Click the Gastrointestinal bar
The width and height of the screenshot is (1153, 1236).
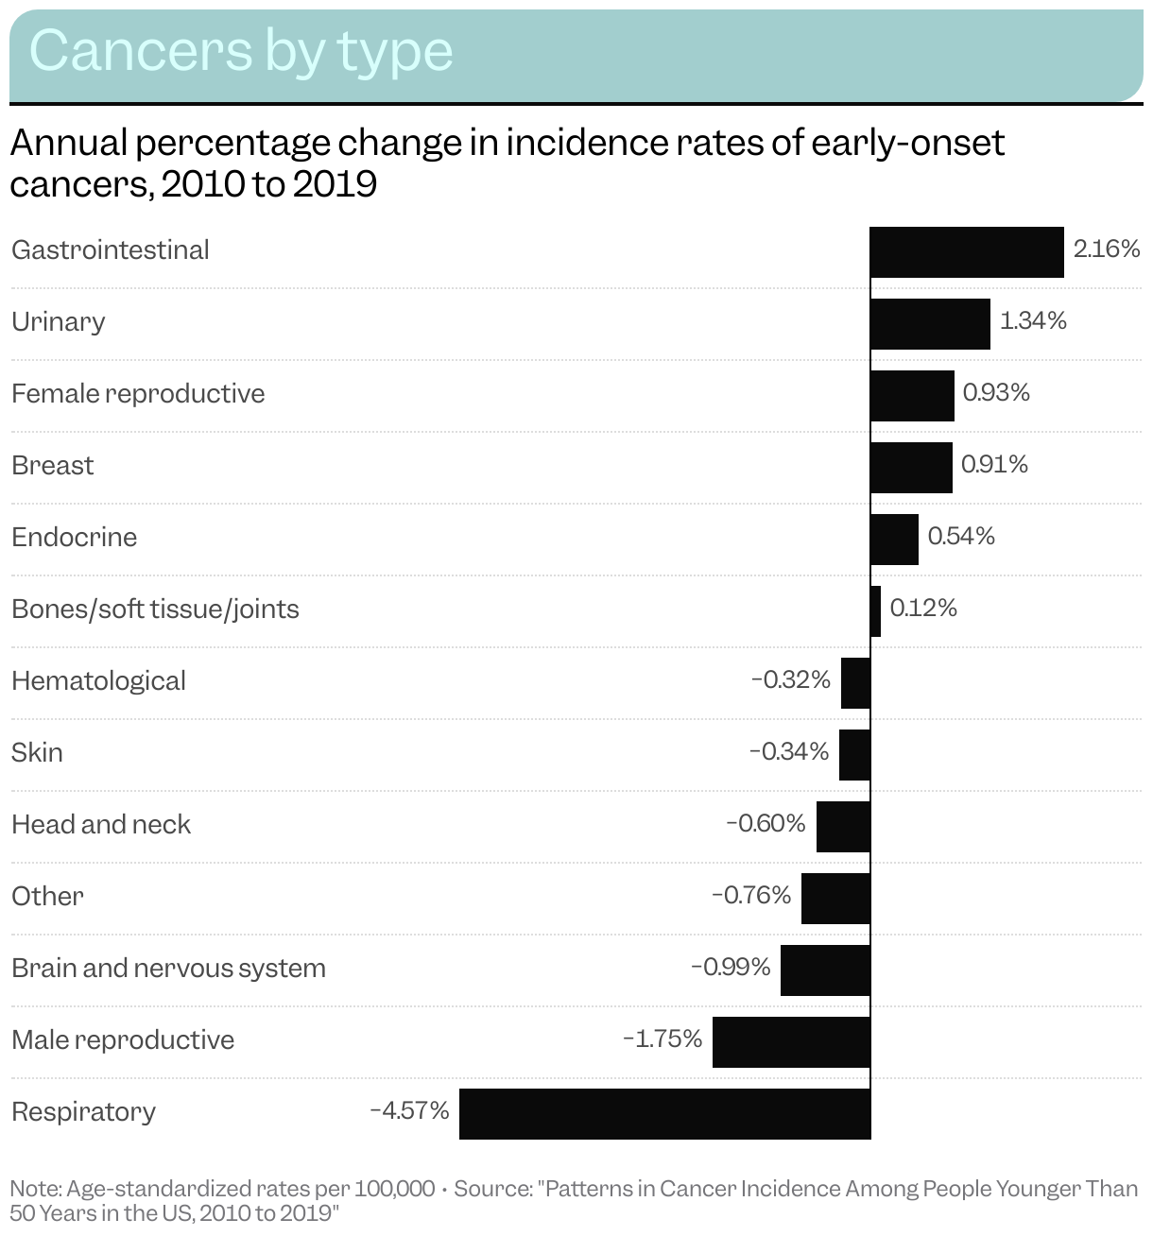click(967, 252)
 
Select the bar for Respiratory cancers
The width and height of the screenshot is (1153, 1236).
click(664, 1114)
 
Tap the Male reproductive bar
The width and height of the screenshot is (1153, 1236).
click(791, 1042)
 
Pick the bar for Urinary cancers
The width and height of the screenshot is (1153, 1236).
click(930, 324)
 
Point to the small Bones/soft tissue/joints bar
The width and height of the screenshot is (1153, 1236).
click(875, 611)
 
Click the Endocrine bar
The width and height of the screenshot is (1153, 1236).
click(894, 540)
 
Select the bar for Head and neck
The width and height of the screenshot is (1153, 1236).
click(843, 827)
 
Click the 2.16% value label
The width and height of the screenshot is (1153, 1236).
click(1106, 249)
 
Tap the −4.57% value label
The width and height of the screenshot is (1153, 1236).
click(409, 1110)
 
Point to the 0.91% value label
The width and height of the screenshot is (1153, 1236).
click(994, 464)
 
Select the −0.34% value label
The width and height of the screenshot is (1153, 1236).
click(789, 751)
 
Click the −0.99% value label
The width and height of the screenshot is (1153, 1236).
click(731, 967)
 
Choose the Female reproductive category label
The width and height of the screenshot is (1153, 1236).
click(138, 394)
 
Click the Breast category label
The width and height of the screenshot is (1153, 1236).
click(53, 466)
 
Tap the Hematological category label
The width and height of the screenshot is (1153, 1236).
click(98, 681)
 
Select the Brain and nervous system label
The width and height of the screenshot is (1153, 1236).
click(168, 969)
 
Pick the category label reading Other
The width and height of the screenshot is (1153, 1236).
click(47, 897)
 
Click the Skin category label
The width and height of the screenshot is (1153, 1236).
click(37, 753)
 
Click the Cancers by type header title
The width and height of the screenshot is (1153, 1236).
click(241, 51)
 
